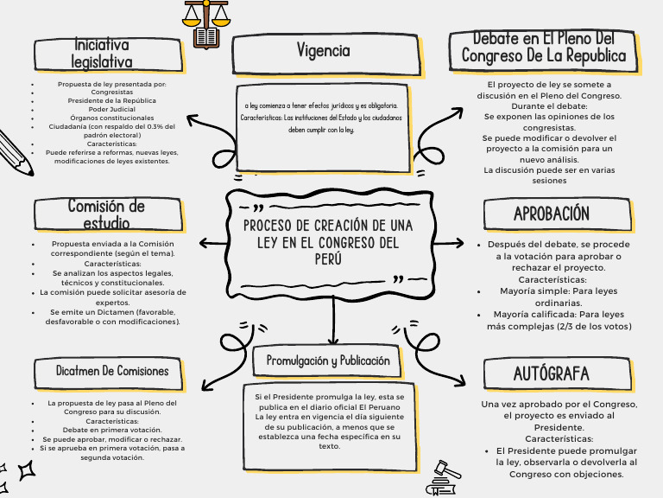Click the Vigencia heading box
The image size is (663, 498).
tap(323, 52)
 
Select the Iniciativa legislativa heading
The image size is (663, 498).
tap(103, 54)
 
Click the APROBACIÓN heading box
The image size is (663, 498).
tap(552, 214)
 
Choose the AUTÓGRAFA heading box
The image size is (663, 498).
tap(552, 373)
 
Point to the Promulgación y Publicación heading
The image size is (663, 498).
tap(328, 361)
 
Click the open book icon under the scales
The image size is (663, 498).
tap(207, 37)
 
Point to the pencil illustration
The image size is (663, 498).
tap(15, 152)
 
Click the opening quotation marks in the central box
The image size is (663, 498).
tap(257, 207)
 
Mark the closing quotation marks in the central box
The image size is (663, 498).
tap(399, 279)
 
